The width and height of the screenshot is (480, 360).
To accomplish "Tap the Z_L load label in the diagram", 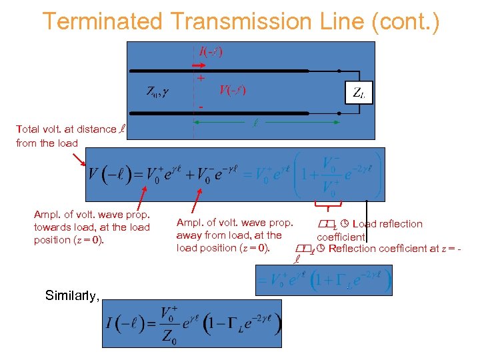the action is pyautogui.click(x=359, y=93).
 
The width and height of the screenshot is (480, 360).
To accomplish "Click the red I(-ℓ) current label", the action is pyautogui.click(x=211, y=51).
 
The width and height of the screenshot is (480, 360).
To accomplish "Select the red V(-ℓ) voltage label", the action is pyautogui.click(x=232, y=90).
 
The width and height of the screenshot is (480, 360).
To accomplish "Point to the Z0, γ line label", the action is pyautogui.click(x=157, y=91).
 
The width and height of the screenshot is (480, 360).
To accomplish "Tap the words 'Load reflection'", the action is pyautogui.click(x=387, y=224).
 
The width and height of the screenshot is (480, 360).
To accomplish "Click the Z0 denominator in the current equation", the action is pyautogui.click(x=169, y=341).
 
